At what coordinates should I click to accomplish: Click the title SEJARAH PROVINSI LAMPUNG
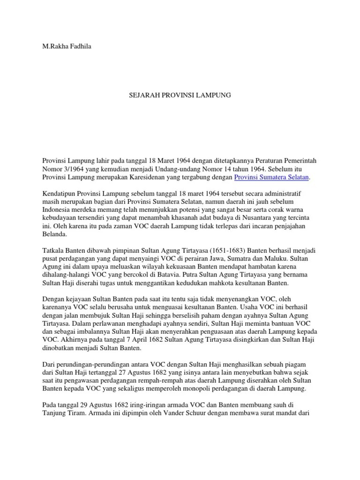[x=180, y=95]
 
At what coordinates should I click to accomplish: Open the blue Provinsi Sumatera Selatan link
[x=272, y=177]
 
